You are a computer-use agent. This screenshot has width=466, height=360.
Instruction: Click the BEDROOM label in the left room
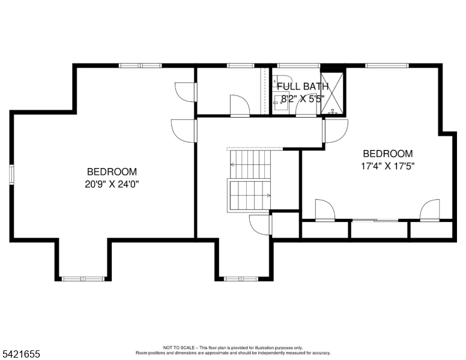(112, 172)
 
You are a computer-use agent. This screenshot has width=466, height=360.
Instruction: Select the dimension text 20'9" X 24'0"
(112, 184)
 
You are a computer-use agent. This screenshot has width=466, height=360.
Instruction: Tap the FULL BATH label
(303, 86)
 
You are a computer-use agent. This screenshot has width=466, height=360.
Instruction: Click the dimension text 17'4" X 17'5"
(387, 166)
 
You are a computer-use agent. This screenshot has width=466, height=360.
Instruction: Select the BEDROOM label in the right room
(387, 154)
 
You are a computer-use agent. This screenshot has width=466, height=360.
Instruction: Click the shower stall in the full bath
(332, 93)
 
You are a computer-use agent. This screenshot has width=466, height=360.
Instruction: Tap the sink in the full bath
(279, 101)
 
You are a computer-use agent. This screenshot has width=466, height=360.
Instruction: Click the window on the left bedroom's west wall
(11, 175)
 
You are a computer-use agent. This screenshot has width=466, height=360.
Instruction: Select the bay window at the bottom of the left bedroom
(83, 278)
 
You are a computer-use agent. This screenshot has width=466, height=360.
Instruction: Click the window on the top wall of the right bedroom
(387, 65)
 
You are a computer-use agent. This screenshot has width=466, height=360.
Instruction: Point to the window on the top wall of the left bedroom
(140, 65)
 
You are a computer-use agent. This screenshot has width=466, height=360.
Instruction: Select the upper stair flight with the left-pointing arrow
(250, 164)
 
